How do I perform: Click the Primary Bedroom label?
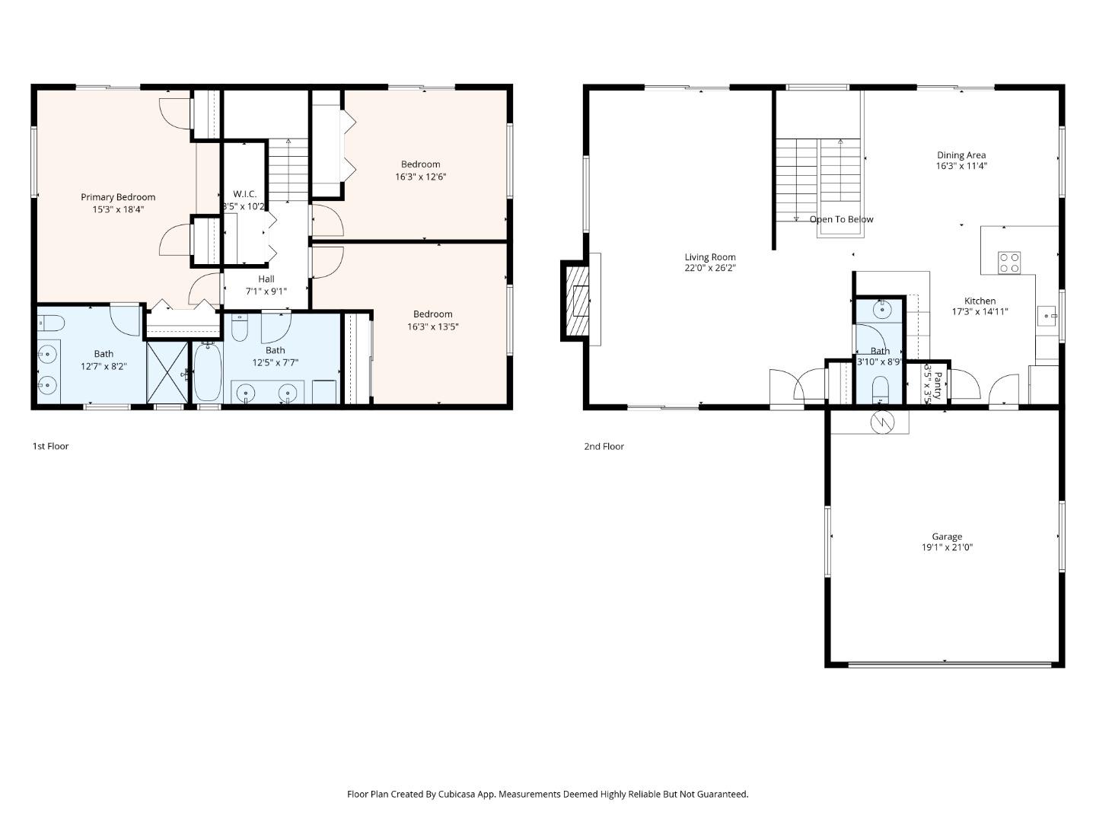(x=118, y=197)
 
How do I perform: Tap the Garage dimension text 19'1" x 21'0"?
(x=947, y=547)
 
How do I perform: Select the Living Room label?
(x=709, y=257)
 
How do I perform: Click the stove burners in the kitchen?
(x=1009, y=263)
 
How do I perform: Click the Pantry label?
(x=938, y=385)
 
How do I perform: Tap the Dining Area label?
(x=961, y=155)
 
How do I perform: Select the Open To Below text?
(x=841, y=219)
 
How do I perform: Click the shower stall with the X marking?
(x=167, y=372)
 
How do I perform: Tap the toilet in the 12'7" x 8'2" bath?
(x=50, y=323)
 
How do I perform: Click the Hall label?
(x=266, y=279)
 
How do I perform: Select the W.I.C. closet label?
(x=244, y=194)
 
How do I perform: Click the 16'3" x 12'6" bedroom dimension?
(x=420, y=177)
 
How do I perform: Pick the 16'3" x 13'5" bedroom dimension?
(x=432, y=327)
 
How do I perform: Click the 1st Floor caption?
(x=50, y=446)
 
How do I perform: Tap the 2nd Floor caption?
(x=604, y=446)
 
